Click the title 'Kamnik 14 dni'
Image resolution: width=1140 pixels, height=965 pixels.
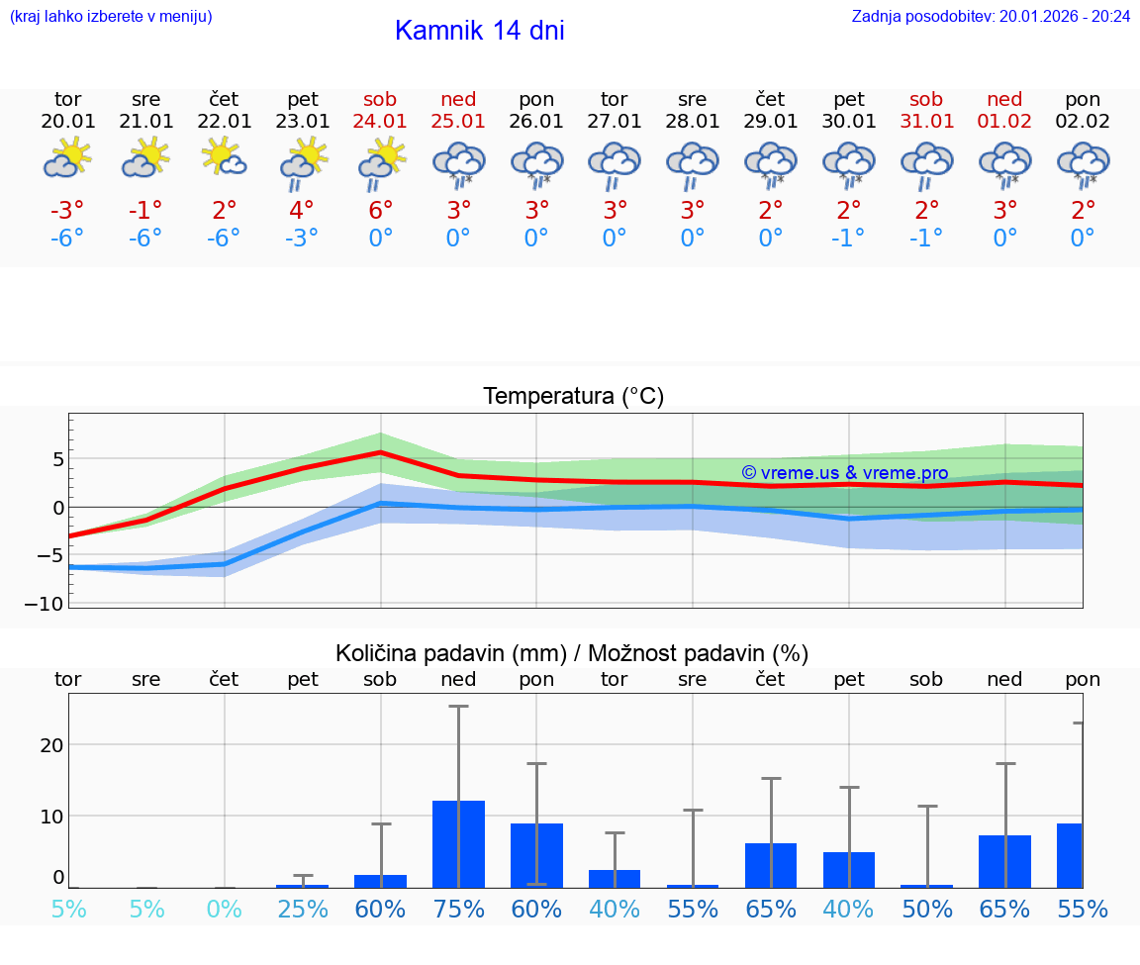[x=479, y=31]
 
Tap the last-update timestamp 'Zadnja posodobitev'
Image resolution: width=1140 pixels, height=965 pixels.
[x=991, y=16]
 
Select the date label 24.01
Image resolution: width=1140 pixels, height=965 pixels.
[x=380, y=121]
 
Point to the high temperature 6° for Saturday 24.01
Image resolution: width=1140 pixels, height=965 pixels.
[x=380, y=210]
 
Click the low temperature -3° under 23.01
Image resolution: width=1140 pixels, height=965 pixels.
[x=302, y=238]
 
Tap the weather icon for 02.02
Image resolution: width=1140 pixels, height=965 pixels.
[x=1083, y=163]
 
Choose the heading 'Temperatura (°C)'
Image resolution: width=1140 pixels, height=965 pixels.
[x=573, y=396]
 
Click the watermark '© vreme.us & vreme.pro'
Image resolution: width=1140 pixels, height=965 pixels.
[x=844, y=473]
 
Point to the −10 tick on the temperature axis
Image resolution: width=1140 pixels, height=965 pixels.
[x=50, y=603]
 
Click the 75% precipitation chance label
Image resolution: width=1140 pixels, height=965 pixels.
[x=458, y=910]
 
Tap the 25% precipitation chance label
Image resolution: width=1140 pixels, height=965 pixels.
[x=302, y=910]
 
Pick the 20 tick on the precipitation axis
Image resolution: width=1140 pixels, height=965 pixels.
[x=51, y=744]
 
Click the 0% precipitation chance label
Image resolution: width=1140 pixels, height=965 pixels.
[x=224, y=910]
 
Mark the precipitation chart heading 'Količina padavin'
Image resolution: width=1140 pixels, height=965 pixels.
[x=571, y=653]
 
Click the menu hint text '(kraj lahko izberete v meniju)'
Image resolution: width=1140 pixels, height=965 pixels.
[x=110, y=16]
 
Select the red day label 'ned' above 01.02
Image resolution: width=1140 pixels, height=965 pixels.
[x=1004, y=99]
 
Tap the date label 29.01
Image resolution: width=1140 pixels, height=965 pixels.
[x=770, y=121]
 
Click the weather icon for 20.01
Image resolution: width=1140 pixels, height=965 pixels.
[x=67, y=158]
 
